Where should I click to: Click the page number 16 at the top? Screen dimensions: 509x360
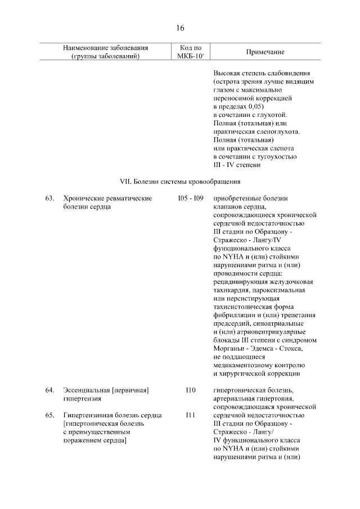pos(180,28)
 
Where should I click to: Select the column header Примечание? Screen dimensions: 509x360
pos(265,52)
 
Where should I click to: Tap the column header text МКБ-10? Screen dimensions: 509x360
pos(190,56)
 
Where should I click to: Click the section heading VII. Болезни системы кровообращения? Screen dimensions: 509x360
pos(180,182)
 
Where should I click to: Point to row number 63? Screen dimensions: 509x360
pos(49,198)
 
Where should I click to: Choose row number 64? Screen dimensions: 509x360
pos(49,390)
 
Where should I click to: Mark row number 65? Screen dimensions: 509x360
pos(49,415)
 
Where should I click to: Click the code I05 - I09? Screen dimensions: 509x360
pos(190,198)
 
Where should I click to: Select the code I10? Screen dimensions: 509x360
pos(190,390)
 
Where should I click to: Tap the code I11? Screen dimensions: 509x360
pos(190,415)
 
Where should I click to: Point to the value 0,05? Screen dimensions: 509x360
pos(254,106)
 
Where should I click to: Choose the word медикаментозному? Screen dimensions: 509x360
pos(244,364)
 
